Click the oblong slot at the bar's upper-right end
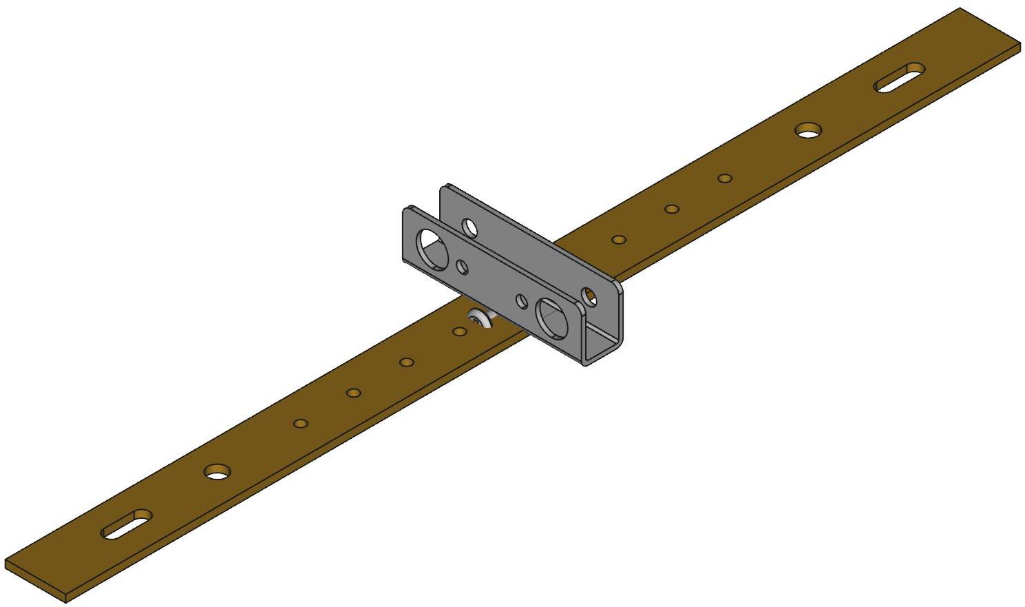point(899,76)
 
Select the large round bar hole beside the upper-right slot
point(809,129)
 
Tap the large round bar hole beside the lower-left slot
point(218,471)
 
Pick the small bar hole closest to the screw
point(460,332)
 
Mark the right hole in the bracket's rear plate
point(589,295)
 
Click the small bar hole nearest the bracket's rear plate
point(619,240)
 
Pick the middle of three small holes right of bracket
point(672,209)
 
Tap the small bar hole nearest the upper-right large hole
point(724,178)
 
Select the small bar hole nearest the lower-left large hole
point(300,423)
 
